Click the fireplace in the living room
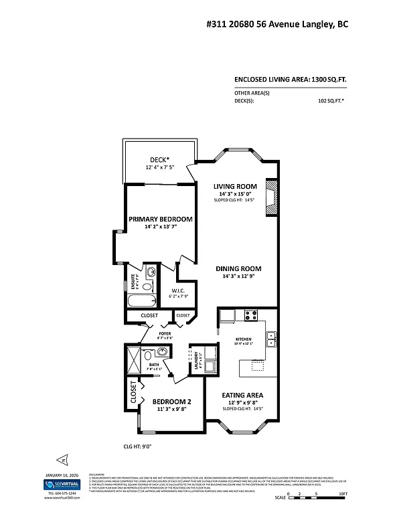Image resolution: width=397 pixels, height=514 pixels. coord(271,197)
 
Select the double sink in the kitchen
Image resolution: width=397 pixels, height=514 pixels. coord(272,339)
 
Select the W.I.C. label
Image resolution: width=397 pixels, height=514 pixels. coord(178,291)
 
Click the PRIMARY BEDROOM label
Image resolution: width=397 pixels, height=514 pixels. coord(161,219)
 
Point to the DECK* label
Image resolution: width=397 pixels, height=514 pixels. coord(158,159)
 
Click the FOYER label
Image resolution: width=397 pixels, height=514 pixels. coord(165,333)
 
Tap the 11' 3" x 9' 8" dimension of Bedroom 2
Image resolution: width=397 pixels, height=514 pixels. coord(161,408)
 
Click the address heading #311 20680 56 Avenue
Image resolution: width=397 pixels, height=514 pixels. coord(276,23)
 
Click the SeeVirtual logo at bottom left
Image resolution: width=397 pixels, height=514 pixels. coord(62,484)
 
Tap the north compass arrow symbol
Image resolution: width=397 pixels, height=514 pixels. coord(61,460)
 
